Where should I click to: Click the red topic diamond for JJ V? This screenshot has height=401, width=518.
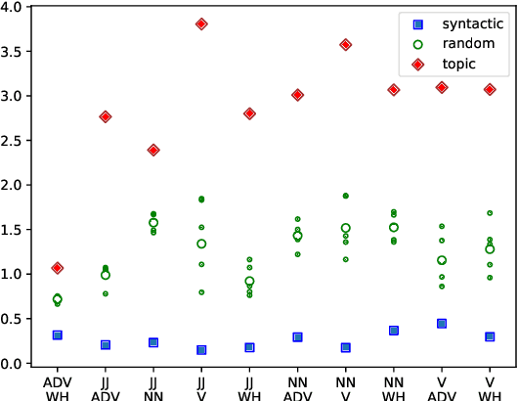coord(201,23)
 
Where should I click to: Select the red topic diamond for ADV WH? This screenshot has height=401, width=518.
coord(58,268)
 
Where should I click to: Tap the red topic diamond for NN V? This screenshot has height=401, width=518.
coord(345,44)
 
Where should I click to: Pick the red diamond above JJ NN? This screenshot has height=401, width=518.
coord(153,150)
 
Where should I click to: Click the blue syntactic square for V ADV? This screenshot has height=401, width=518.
coord(442,323)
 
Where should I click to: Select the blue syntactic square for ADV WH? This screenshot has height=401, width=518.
coord(58,334)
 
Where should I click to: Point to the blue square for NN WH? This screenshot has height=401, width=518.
coord(394,331)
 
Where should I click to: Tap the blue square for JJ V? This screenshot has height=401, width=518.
coord(201,349)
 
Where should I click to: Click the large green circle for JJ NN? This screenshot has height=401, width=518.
coord(153,223)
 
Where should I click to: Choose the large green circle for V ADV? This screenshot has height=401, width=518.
coord(442,260)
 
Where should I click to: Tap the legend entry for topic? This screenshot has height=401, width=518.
coord(458,63)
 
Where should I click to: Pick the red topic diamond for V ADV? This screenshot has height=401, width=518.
coord(442,87)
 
